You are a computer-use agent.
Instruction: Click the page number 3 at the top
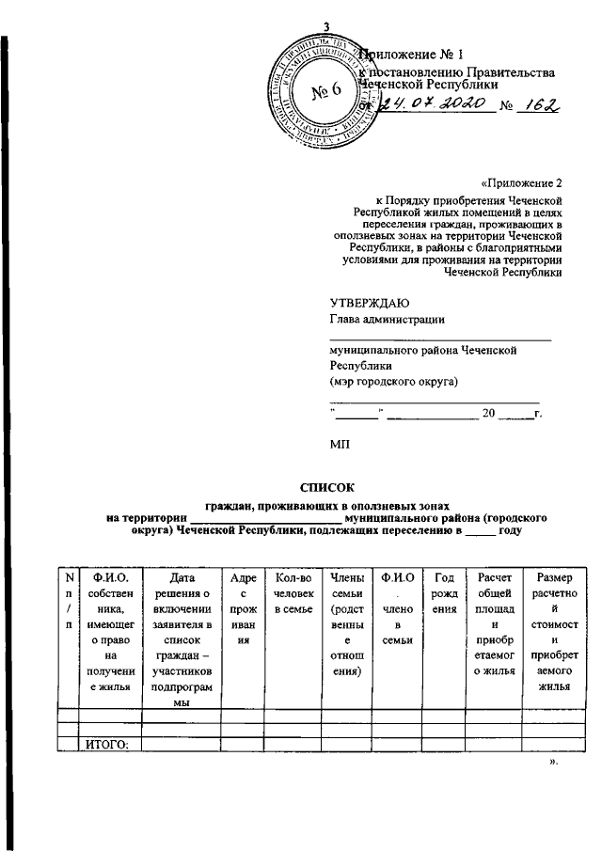325,25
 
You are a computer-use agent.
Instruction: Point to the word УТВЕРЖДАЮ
369,302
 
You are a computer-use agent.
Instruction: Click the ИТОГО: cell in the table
106,746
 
